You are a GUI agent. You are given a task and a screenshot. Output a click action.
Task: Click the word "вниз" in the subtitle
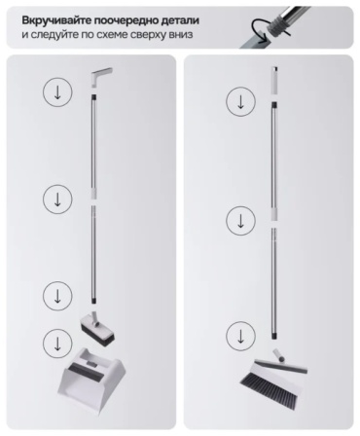[x=180, y=34]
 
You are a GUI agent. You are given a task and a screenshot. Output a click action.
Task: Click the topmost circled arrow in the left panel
[x=57, y=92]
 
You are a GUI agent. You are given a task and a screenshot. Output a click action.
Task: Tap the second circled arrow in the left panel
[x=57, y=199]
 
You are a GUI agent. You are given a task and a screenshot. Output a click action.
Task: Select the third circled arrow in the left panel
[x=57, y=296]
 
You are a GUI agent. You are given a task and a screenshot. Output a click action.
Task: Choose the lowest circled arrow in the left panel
[x=57, y=344]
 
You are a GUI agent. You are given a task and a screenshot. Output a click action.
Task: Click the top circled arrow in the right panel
[x=240, y=101]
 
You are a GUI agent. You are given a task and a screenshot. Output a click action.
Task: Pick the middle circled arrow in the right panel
[x=240, y=221]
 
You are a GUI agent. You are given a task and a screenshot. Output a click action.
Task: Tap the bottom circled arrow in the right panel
[x=240, y=336]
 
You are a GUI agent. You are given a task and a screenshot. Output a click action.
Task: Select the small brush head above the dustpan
[x=97, y=329]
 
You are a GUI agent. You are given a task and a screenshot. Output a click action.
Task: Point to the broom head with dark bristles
[x=273, y=378]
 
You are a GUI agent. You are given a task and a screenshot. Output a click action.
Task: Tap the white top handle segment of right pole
[x=274, y=81]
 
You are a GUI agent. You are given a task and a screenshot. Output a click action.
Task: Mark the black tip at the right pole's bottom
[x=274, y=336]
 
